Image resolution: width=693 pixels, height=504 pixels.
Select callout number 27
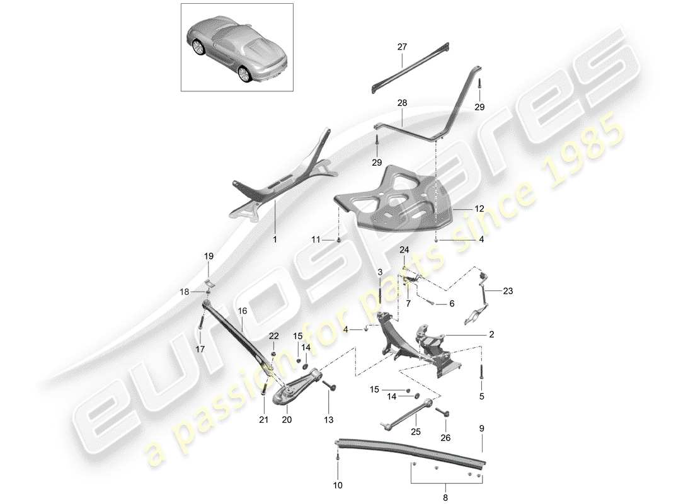pos(403,47)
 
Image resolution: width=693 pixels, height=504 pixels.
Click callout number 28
pos(403,102)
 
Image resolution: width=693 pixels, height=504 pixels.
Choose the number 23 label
pos(509,291)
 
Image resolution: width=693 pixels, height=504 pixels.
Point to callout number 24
pos(403,249)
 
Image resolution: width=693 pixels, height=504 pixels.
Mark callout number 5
pos(482,397)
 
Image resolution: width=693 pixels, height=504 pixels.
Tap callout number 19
pos(209,256)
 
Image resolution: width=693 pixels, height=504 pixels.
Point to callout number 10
pos(338,486)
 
